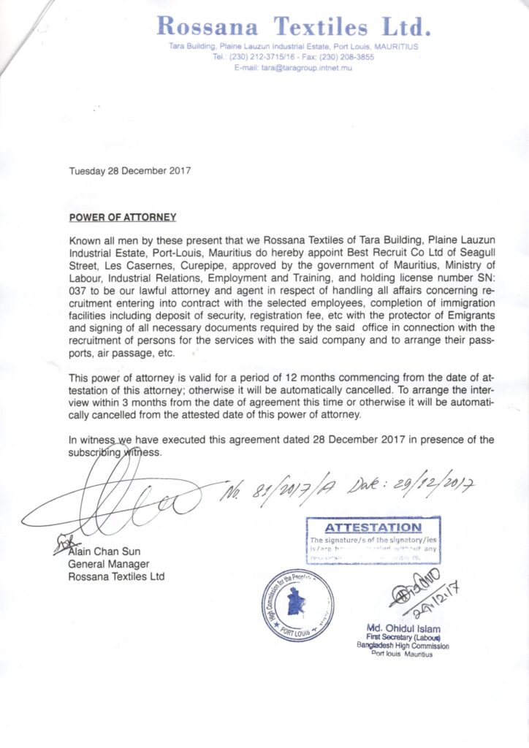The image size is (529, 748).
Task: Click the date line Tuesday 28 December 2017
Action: click(x=130, y=172)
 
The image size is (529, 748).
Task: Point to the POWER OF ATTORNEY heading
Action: click(x=123, y=218)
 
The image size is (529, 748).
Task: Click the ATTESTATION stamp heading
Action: click(x=373, y=527)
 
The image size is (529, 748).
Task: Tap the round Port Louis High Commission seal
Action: click(x=298, y=605)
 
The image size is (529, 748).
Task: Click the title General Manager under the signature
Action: click(x=108, y=564)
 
